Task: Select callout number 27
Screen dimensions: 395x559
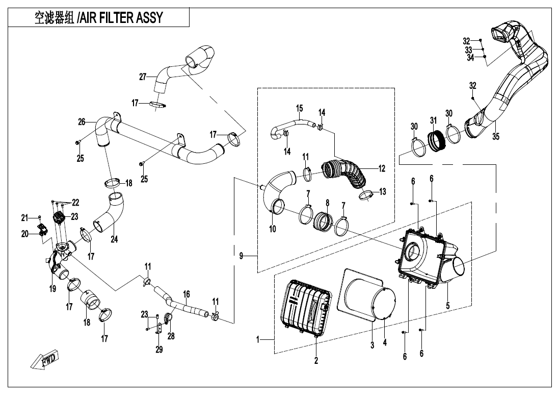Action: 143,77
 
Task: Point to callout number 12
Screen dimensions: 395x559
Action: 382,168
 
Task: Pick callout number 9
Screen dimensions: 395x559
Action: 241,256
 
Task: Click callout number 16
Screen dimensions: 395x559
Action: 187,294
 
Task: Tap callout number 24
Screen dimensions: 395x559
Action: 114,239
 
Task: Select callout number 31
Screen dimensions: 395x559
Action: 434,120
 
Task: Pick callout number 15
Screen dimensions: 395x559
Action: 299,108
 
